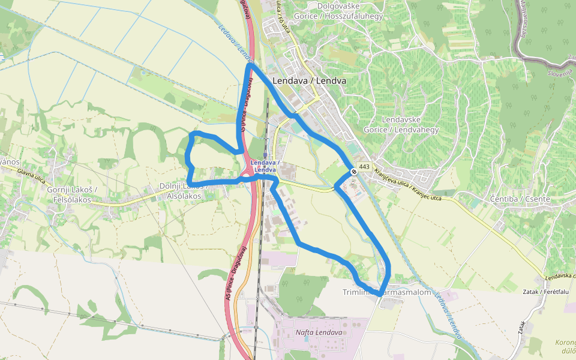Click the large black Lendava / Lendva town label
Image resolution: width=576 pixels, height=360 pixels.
pyautogui.click(x=309, y=80)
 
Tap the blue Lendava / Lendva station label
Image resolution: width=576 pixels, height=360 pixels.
pyautogui.click(x=264, y=166)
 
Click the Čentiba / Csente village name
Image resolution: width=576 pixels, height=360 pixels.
pyautogui.click(x=511, y=199)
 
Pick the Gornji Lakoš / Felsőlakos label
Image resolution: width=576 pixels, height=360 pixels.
pyautogui.click(x=71, y=194)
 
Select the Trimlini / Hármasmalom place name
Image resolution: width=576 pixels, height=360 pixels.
pyautogui.click(x=387, y=292)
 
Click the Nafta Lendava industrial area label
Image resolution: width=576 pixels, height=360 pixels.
pyautogui.click(x=319, y=332)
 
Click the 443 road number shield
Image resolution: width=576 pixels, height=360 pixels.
pyautogui.click(x=364, y=166)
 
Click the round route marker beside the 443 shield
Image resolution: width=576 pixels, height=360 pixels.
pyautogui.click(x=354, y=172)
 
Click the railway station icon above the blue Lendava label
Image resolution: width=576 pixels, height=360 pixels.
pyautogui.click(x=265, y=155)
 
